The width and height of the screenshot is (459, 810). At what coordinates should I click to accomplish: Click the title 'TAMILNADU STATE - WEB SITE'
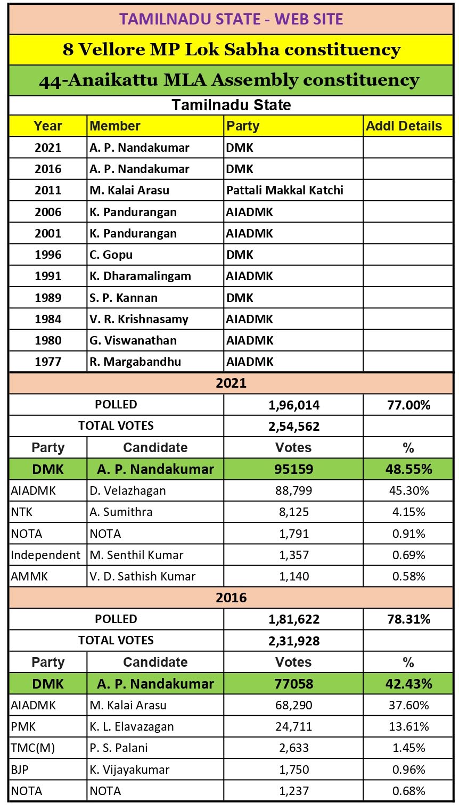coord(231,20)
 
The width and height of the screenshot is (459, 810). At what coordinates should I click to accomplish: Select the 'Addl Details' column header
coord(404,126)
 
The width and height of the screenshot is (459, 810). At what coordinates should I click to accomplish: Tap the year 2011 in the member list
coord(48,191)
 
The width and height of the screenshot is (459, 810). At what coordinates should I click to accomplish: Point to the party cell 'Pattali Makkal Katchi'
coord(285,191)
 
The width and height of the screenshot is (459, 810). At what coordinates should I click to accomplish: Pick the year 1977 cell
coord(48,362)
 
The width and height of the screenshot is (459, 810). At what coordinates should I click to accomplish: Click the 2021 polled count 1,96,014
coord(294,405)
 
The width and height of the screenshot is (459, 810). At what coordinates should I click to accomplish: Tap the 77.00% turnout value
coord(408,405)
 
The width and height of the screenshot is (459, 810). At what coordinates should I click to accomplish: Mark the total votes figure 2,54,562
coord(294,427)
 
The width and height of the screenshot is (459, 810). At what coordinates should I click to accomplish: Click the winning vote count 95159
coord(294,469)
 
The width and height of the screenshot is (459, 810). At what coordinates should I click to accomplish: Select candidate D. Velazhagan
coord(128,490)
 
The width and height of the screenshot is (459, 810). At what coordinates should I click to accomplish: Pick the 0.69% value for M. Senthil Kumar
coord(408,555)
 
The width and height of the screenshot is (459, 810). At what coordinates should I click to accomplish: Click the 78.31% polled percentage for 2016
coord(408,619)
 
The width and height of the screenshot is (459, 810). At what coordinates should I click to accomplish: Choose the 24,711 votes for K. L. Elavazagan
coord(294,727)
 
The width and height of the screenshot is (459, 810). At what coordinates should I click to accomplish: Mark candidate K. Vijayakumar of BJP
coord(129,770)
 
